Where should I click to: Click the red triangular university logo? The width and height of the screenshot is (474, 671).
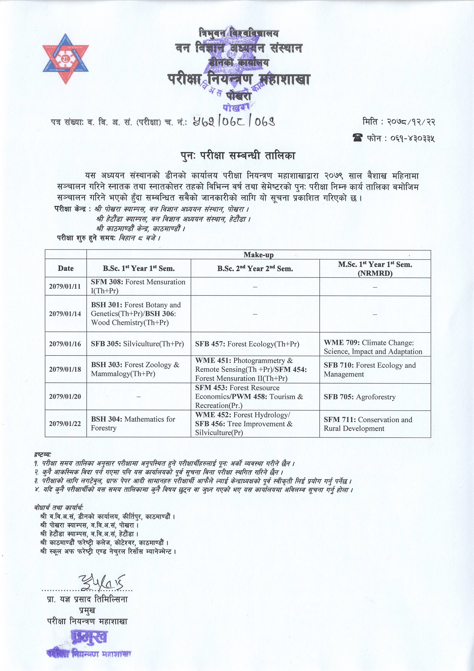[x=65, y=58]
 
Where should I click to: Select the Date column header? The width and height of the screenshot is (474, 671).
[x=66, y=268]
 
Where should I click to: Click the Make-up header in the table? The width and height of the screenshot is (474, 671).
[x=259, y=255]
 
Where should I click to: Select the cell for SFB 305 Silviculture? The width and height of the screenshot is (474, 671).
[x=137, y=344]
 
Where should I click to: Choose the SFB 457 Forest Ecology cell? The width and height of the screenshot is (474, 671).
[x=247, y=344]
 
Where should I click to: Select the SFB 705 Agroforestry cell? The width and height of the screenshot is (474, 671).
[x=360, y=397]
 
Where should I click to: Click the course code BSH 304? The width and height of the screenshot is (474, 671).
[x=106, y=419]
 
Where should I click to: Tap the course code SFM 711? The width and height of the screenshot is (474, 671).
[x=340, y=420]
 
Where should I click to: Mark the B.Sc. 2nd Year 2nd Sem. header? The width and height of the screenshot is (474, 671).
[x=255, y=268]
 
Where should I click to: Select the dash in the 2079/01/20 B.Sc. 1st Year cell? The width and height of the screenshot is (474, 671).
[x=138, y=397]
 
